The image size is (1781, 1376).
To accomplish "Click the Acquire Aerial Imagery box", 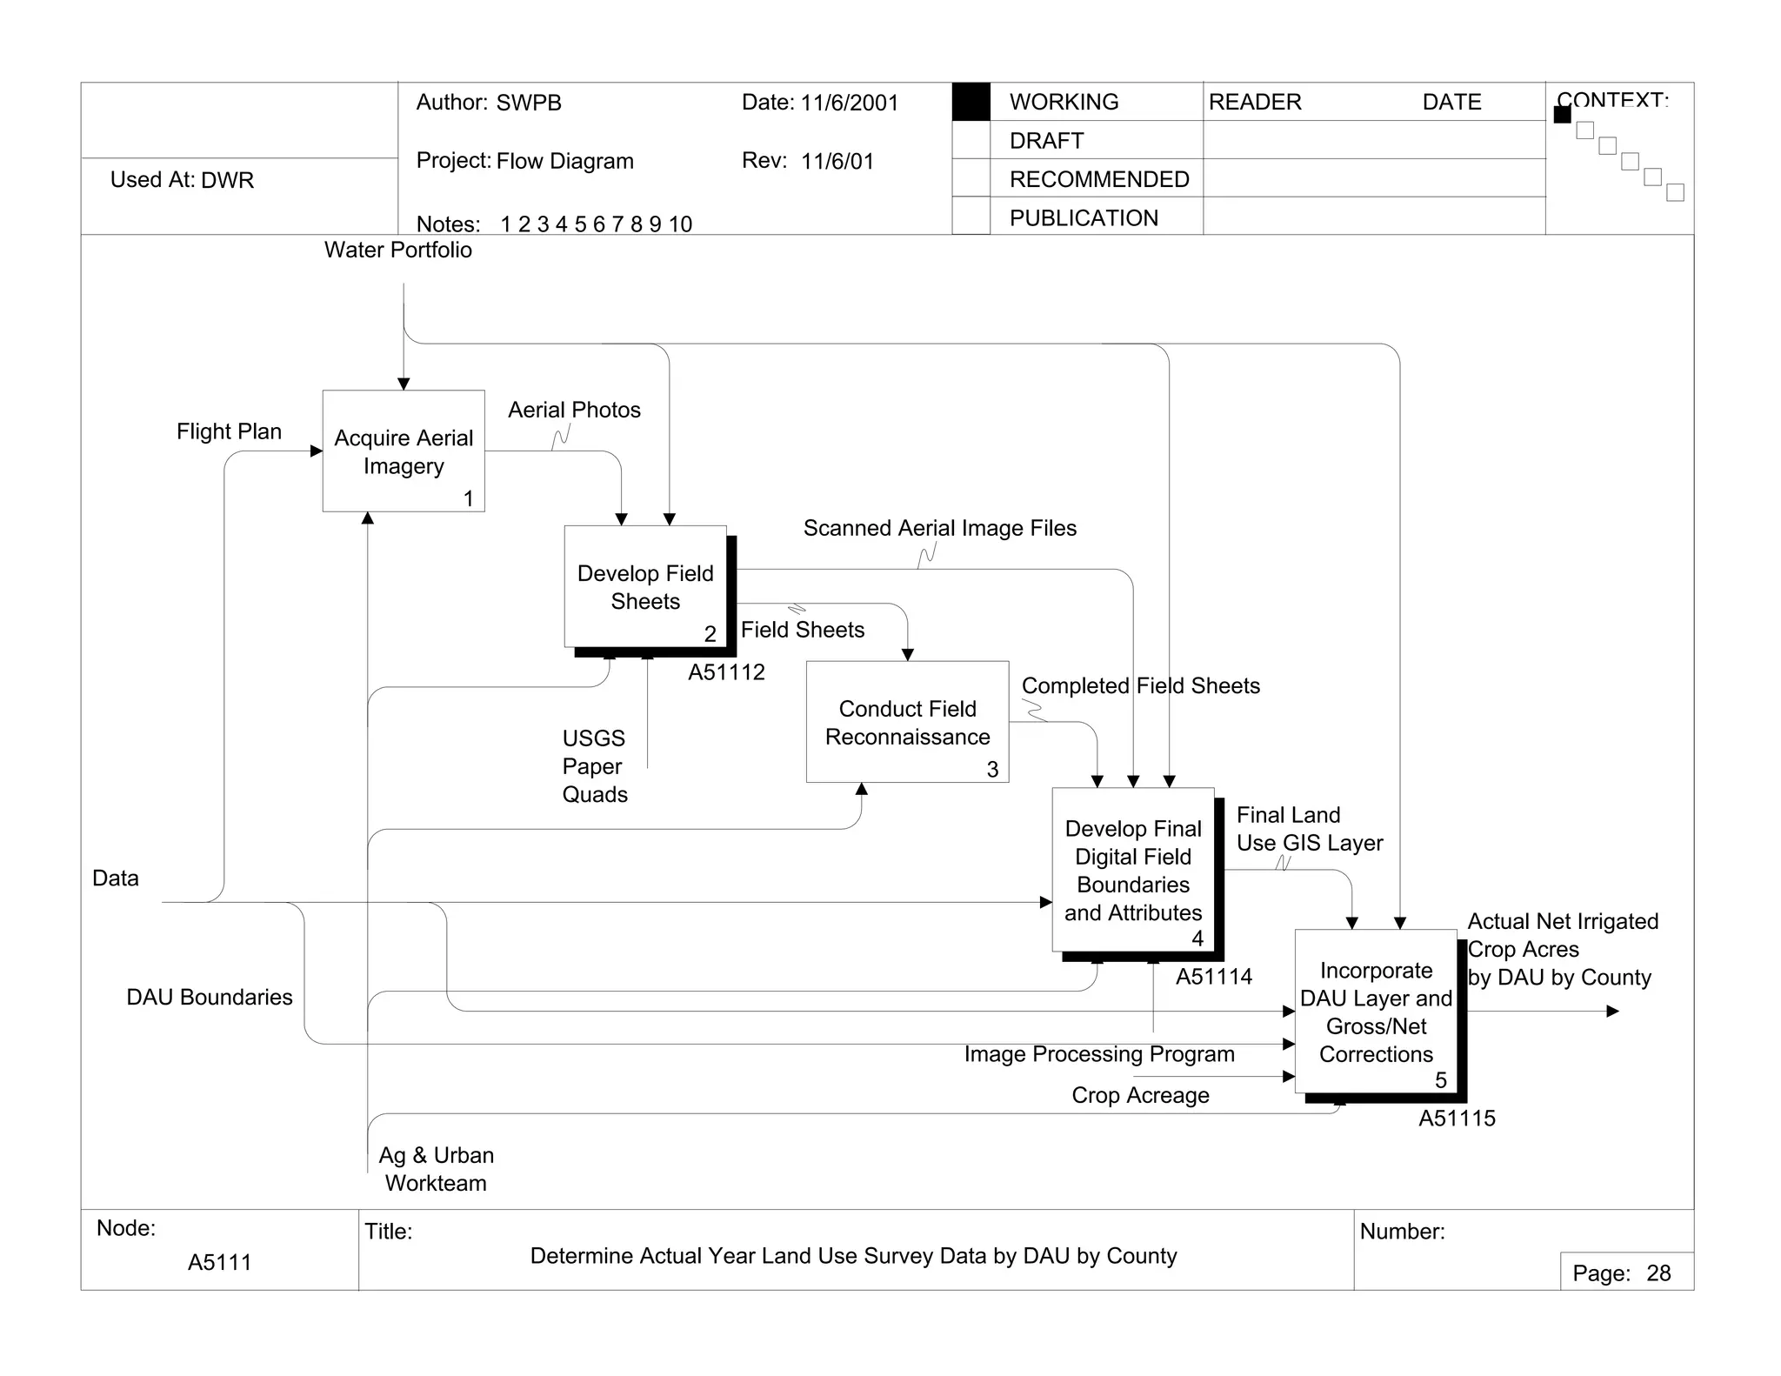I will pos(404,451).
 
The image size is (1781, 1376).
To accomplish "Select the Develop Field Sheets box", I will pos(645,586).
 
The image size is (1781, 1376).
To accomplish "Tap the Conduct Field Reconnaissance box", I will pos(907,722).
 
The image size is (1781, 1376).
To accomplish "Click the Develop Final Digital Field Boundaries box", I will pos(1132,870).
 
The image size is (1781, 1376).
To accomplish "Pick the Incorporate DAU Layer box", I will pos(1376,1012).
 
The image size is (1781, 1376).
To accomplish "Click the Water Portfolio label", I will pos(398,250).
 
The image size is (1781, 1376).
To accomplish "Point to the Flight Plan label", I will pos(229,431).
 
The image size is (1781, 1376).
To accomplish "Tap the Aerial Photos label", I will pos(574,410).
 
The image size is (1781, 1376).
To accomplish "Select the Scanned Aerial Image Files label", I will pos(939,528).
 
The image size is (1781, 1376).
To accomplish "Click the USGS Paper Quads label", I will pos(594,766).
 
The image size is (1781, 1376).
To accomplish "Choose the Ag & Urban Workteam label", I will pos(436,1169).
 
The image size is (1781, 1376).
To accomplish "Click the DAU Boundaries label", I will pos(210,997).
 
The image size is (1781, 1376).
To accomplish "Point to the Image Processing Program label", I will pos(1099,1054).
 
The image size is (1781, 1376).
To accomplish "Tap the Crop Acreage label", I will pos(1140,1095).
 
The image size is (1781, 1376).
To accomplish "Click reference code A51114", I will pos(1214,977).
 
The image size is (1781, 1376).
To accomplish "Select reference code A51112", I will pos(726,672).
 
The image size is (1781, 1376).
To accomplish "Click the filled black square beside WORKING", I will pos(971,102).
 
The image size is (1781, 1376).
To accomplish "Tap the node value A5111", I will pos(219,1262).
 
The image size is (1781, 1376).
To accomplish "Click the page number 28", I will pos(1658,1273).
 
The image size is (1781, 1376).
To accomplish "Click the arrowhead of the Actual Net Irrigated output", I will pos(1612,1012).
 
